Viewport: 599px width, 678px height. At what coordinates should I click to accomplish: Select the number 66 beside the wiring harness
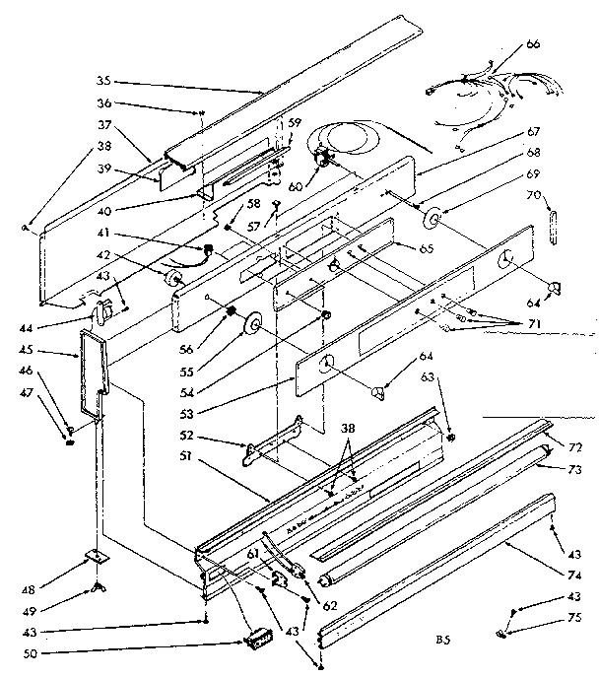coord(561,43)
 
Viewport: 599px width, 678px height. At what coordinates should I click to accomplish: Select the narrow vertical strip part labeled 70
coord(551,226)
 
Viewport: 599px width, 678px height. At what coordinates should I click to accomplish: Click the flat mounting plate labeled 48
coord(97,557)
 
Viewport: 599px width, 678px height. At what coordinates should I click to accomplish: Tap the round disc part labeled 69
coord(434,218)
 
